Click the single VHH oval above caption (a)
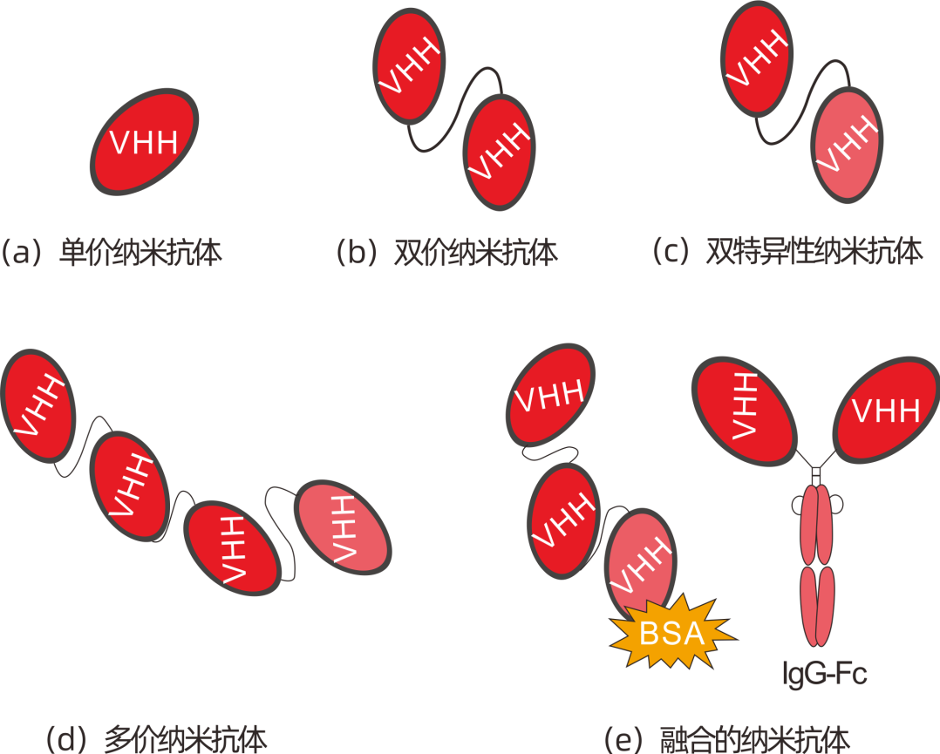(x=145, y=141)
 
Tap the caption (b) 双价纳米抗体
(x=446, y=254)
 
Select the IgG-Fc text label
(x=825, y=673)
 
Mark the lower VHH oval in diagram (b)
(x=498, y=152)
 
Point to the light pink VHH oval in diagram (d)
(x=341, y=529)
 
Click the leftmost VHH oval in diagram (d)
(x=37, y=405)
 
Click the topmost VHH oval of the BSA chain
(x=550, y=397)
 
